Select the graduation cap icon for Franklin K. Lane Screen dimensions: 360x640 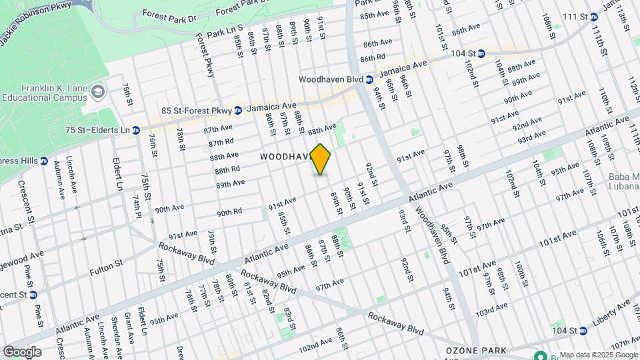tap(99, 91)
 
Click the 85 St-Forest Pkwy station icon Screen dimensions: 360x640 tap(238, 110)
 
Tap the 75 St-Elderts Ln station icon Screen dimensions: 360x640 tap(136, 130)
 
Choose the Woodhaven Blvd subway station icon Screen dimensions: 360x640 tap(369, 79)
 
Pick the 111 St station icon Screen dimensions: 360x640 tap(593, 17)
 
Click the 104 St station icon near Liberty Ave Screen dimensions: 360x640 tap(583, 331)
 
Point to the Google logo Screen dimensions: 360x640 tap(22, 351)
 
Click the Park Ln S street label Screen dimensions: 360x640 tap(225, 32)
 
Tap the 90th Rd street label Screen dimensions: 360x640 tap(229, 213)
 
